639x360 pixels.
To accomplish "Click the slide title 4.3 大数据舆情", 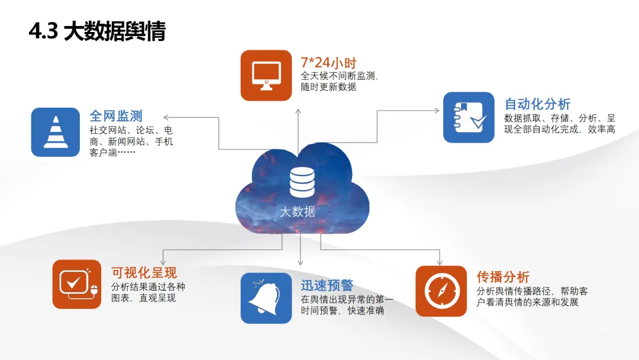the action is (97, 31).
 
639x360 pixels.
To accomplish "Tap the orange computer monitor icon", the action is (266, 75).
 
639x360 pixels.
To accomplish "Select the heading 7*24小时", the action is (328, 62).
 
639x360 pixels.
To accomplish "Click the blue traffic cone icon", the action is (55, 131).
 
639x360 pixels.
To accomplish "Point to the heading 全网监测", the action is (116, 115).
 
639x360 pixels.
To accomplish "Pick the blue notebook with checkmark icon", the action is (469, 117).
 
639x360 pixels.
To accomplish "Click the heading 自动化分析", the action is (537, 104).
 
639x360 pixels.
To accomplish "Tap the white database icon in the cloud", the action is (302, 182).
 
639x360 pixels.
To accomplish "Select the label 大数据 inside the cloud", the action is (298, 211).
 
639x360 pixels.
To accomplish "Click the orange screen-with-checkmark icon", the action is (77, 284).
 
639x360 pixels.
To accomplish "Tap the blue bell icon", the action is (266, 298).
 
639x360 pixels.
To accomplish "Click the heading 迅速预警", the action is (327, 285).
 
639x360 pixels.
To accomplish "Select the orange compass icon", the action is (441, 291).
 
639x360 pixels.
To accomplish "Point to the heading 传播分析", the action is (503, 277).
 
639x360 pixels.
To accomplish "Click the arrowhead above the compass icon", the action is (439, 261).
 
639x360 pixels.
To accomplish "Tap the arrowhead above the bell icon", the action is (301, 261).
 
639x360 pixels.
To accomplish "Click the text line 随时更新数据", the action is (328, 86).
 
